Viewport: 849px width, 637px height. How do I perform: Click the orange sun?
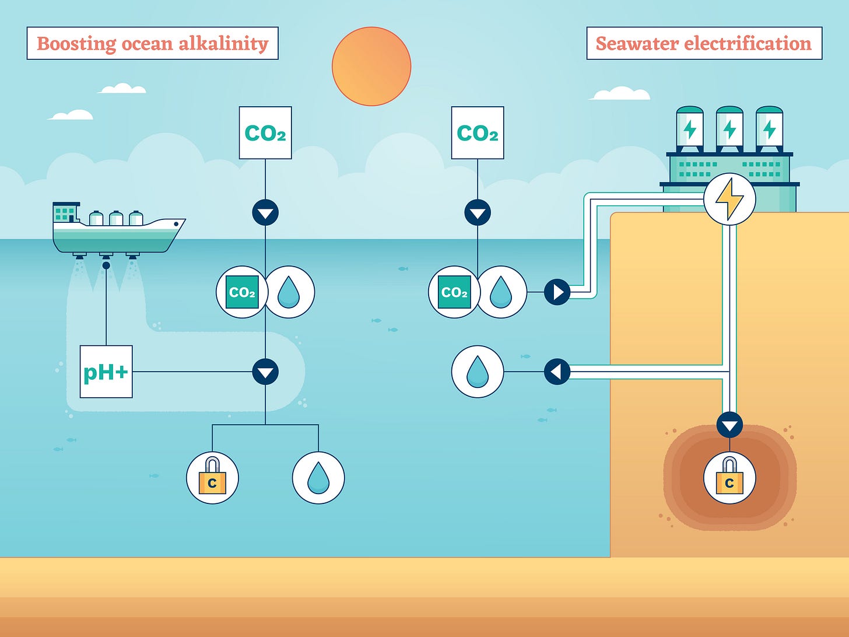click(x=371, y=66)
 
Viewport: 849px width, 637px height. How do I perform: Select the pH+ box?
click(x=106, y=372)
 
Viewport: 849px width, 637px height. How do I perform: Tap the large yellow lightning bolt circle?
click(x=729, y=199)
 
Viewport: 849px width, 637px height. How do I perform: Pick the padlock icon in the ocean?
click(x=212, y=478)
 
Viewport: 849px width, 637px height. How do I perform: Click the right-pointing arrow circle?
click(x=557, y=292)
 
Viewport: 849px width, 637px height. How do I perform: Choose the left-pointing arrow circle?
click(x=557, y=372)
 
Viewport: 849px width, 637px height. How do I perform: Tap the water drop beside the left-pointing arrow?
click(x=478, y=372)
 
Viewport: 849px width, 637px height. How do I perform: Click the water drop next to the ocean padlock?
click(x=318, y=478)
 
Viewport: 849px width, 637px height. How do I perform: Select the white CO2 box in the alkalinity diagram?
click(x=265, y=133)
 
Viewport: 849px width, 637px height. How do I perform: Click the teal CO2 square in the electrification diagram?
click(x=454, y=292)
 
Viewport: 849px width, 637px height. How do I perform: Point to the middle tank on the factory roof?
click(x=729, y=127)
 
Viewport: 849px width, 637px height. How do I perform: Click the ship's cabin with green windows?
click(x=65, y=213)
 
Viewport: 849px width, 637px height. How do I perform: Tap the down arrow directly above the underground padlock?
click(x=729, y=425)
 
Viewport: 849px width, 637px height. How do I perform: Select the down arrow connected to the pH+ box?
click(x=265, y=372)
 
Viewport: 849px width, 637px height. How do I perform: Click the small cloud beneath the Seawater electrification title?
click(x=620, y=94)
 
